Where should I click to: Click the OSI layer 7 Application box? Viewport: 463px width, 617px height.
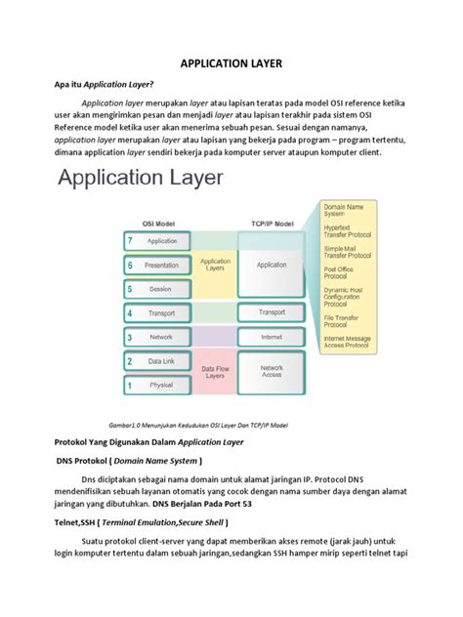[x=162, y=240]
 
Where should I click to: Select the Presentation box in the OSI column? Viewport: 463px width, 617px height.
[x=162, y=265]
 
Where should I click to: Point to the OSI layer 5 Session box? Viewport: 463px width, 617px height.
[x=162, y=288]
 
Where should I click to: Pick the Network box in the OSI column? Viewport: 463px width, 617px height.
[x=162, y=337]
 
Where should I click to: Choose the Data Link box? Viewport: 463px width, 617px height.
[x=162, y=361]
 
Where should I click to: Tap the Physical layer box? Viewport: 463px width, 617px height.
[x=162, y=385]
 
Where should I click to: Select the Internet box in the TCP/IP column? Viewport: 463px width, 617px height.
[x=272, y=337]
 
